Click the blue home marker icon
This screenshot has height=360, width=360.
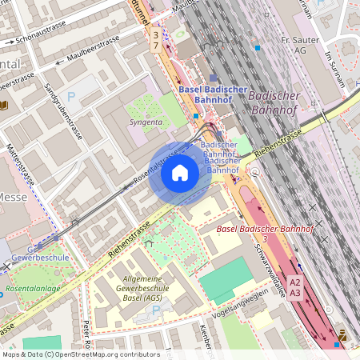click(180, 173)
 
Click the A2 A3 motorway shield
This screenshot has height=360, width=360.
click(295, 288)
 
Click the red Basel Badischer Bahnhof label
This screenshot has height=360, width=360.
click(265, 230)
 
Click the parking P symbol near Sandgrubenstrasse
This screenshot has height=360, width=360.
click(71, 96)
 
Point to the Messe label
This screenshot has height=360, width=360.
click(12, 198)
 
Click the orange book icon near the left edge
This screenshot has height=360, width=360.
click(6, 105)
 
